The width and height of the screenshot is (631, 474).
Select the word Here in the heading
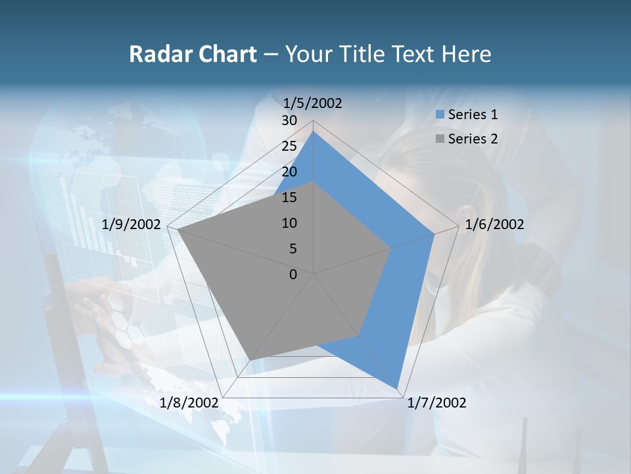pos(466,54)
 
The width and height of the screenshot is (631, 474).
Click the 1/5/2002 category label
pos(312,103)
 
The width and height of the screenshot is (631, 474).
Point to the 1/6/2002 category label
pos(494,224)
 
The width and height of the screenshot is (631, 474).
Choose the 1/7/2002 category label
pos(436,403)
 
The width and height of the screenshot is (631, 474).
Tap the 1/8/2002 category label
pos(189,403)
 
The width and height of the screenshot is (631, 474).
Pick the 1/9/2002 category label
pos(131,224)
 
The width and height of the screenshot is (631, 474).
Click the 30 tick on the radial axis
pos(289,120)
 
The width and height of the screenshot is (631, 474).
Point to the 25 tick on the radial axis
pos(289,146)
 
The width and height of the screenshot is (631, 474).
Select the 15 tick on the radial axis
pos(289,197)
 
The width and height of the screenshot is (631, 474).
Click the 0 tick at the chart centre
pos(293,275)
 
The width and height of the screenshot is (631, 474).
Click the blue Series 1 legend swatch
pos(440,115)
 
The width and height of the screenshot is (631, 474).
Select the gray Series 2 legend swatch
pos(440,139)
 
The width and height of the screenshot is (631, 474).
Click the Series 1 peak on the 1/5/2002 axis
pos(314,131)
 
